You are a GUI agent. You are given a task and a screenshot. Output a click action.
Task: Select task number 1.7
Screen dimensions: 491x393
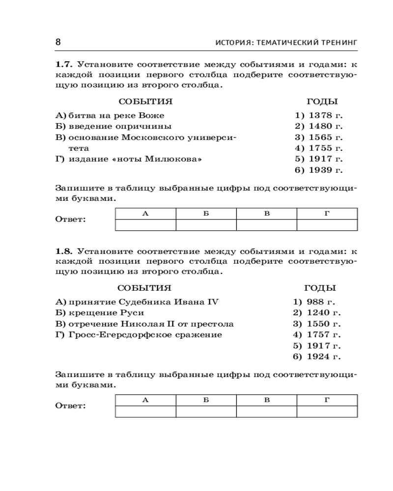64,64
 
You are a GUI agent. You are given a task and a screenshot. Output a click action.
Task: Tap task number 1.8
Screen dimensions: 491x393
64,250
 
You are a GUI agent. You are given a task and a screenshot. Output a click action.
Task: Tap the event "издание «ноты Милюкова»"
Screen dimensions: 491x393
135,159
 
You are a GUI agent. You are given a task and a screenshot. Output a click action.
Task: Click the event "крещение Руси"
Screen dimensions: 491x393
106,313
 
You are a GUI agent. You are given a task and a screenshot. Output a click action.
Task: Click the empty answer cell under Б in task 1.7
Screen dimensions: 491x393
206,225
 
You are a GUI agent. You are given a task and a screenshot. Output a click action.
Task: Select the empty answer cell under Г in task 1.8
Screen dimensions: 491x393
327,411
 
